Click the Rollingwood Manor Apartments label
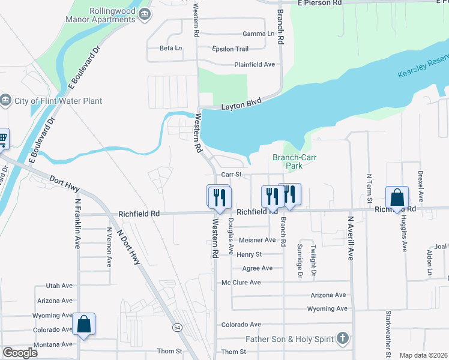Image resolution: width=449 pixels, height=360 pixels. tap(104, 15)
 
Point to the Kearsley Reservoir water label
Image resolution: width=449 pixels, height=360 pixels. tap(423, 67)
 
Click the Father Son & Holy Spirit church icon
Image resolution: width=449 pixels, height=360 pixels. tap(342, 339)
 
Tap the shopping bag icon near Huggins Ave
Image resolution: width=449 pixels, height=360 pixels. tap(397, 197)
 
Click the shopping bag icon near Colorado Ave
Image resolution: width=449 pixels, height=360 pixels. tap(83, 325)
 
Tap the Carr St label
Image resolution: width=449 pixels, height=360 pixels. tap(231, 175)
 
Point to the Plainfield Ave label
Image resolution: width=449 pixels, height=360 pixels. tap(254, 64)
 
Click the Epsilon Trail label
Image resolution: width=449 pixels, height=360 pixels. tap(230, 49)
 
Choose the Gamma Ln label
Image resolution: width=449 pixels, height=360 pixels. tap(254, 34)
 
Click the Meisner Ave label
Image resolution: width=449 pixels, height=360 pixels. tap(257, 240)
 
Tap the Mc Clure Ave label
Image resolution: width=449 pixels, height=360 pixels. tap(241, 282)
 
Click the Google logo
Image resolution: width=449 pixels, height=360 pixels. tap(20, 352)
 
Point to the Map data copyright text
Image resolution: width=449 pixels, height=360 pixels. tap(423, 355)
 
